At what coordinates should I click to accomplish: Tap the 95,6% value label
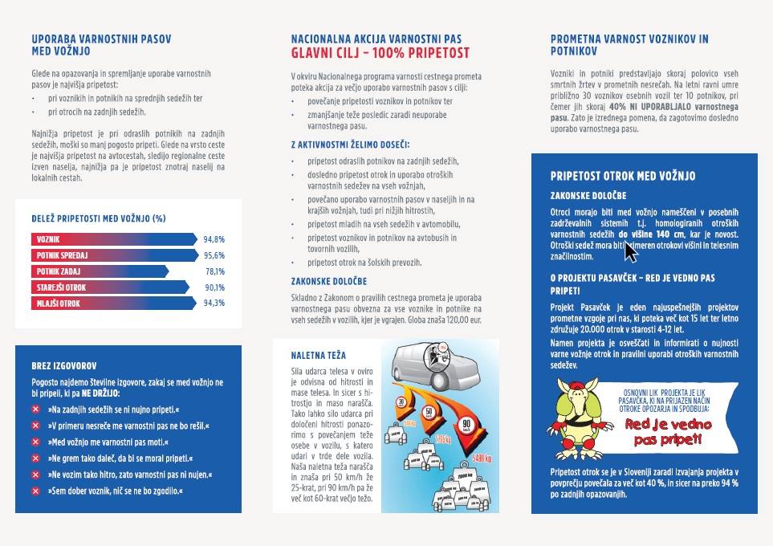point(214,255)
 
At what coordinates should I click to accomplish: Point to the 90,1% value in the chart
point(214,287)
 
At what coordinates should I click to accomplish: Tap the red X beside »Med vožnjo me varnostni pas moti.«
point(36,442)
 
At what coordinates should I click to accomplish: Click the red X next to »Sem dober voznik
point(36,490)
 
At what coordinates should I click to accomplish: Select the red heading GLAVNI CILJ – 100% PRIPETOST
point(380,54)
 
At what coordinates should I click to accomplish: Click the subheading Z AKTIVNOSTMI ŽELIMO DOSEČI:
point(350,145)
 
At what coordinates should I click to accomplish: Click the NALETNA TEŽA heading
point(319,355)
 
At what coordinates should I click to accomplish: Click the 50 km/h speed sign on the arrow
point(429,411)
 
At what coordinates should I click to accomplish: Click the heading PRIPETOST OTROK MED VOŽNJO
point(623,176)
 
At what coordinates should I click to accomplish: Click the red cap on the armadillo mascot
point(580,386)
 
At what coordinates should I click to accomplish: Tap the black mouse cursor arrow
point(630,252)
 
